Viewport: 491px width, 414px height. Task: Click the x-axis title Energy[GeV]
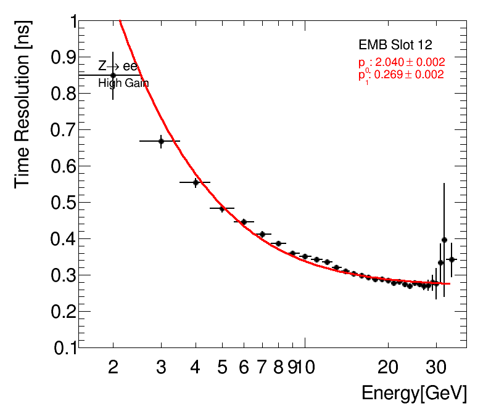tap(414, 393)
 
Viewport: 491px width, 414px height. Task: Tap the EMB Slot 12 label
tap(395, 45)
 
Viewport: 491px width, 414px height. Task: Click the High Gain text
tap(123, 83)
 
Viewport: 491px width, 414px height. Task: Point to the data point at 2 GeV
tap(113, 75)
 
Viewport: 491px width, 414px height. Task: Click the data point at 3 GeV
tap(161, 141)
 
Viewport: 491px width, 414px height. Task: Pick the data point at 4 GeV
tap(196, 182)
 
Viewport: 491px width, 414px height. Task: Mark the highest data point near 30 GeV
tap(444, 240)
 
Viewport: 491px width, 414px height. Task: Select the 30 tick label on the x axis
tap(436, 368)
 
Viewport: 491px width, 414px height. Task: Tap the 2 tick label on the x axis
tap(113, 368)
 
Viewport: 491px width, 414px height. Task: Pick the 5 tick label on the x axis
tap(222, 368)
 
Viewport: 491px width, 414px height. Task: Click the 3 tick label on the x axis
tap(161, 368)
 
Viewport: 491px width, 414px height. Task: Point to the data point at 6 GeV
tap(244, 222)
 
